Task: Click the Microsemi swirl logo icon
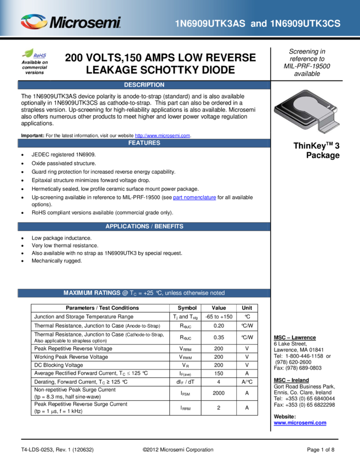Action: [33, 22]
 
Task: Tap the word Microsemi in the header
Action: [85, 23]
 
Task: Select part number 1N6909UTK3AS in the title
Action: [210, 24]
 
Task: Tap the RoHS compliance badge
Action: [34, 54]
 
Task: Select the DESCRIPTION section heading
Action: [144, 85]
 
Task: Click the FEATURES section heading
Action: [144, 143]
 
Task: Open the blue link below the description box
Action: [162, 135]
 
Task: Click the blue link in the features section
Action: [195, 197]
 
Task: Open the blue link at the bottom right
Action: [300, 423]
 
